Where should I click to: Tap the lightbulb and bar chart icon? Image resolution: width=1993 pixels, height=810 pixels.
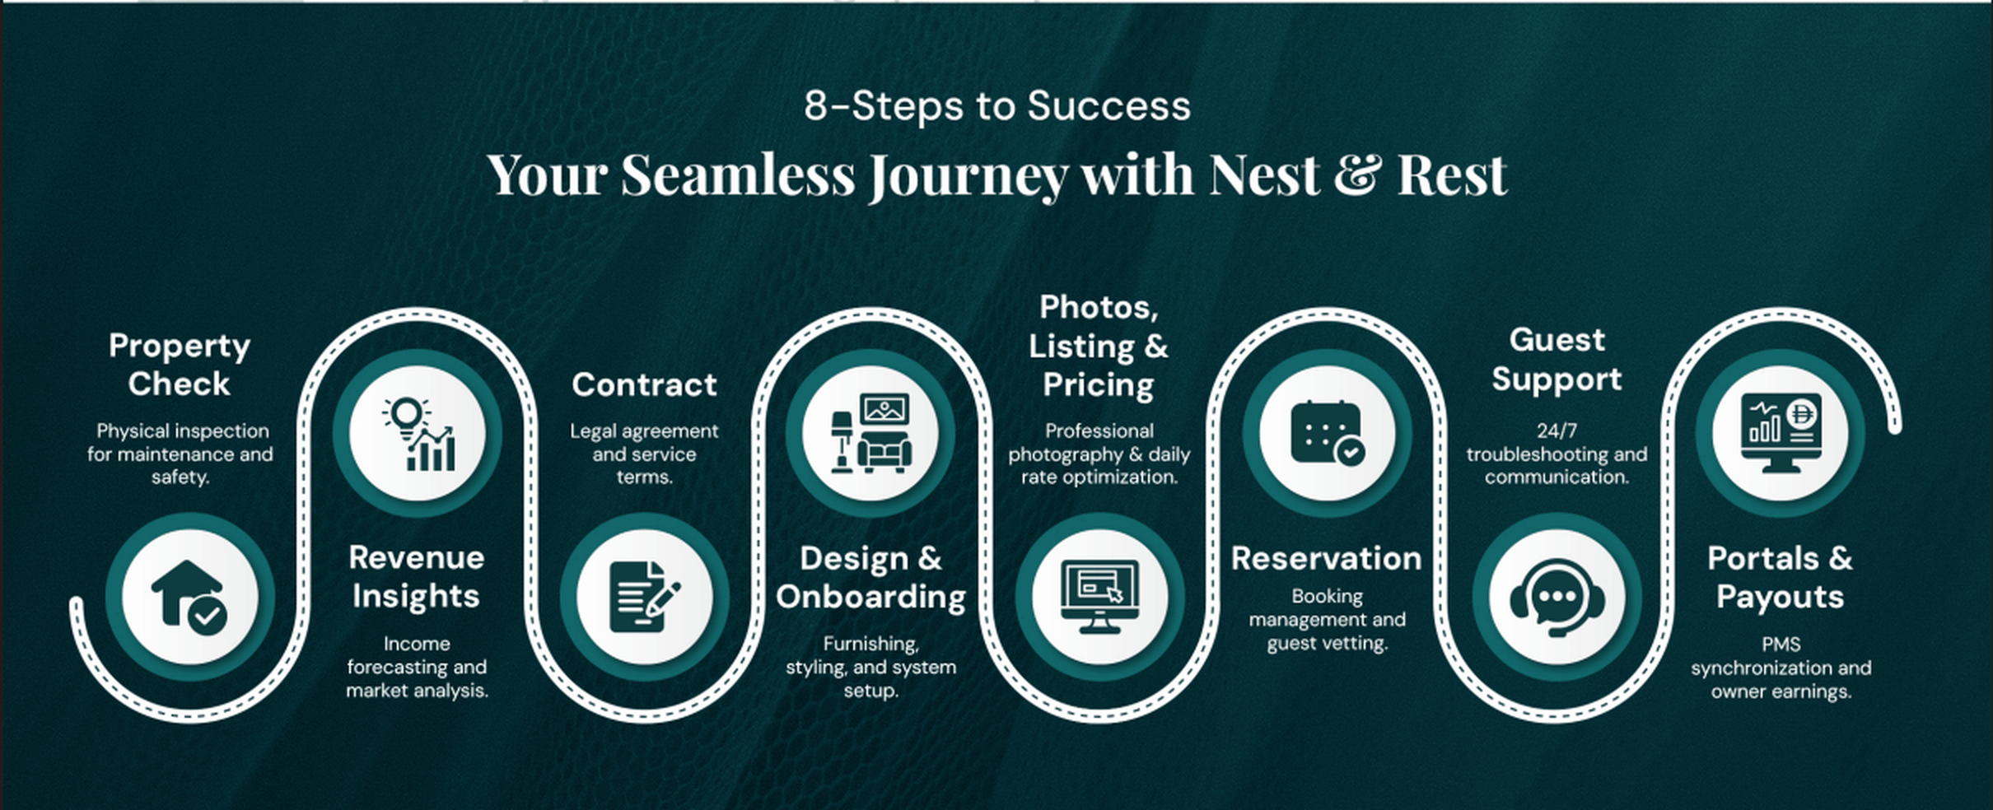tap(418, 434)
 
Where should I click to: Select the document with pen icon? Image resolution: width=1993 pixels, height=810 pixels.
tap(645, 598)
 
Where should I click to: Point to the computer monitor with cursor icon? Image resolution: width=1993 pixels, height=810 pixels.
tap(1099, 598)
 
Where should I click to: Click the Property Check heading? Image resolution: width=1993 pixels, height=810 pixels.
tap(180, 365)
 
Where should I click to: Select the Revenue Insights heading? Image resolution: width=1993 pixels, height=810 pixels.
tap(417, 577)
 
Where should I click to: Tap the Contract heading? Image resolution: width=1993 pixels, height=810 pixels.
tap(645, 385)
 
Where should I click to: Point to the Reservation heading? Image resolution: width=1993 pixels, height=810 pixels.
tap(1327, 559)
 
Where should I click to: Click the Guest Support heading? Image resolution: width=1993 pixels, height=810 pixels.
tap(1557, 360)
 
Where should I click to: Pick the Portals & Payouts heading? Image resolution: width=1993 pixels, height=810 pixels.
tap(1781, 578)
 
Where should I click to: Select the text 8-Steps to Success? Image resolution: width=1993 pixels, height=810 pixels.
tap(997, 106)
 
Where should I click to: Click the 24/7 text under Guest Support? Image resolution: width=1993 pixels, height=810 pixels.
tap(1557, 431)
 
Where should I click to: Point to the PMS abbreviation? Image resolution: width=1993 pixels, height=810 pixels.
tap(1781, 645)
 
